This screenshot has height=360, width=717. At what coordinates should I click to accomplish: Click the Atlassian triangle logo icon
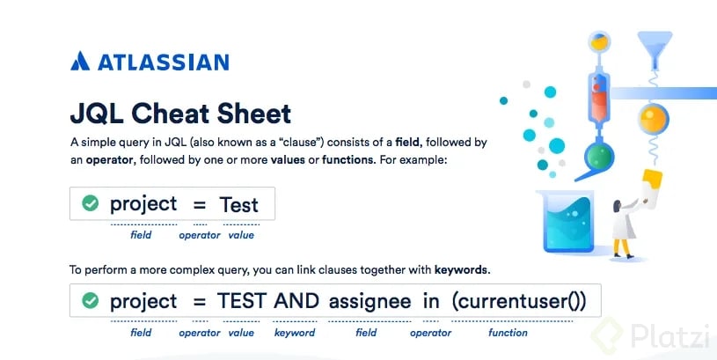click(x=80, y=61)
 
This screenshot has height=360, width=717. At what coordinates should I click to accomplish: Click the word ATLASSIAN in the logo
click(x=164, y=62)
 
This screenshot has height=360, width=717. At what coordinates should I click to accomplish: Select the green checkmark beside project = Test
click(x=90, y=203)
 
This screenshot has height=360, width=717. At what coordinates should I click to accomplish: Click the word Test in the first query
click(x=238, y=204)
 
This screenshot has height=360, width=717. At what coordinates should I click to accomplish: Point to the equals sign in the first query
click(x=200, y=205)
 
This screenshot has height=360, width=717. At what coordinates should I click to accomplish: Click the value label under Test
click(x=241, y=235)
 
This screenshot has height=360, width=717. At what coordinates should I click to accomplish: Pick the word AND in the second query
click(x=296, y=301)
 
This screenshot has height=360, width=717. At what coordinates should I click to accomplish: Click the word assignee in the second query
click(x=369, y=302)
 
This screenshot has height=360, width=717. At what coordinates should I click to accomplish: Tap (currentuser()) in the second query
click(x=518, y=301)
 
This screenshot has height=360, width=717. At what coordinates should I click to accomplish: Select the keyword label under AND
click(x=295, y=333)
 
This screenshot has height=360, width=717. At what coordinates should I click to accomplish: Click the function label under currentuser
click(x=508, y=333)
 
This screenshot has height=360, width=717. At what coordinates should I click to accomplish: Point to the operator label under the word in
click(x=430, y=333)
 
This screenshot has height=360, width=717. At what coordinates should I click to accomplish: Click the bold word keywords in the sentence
click(x=461, y=269)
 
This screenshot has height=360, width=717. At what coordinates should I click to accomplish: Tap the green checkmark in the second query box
click(x=90, y=300)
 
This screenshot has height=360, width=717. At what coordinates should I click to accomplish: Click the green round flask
click(x=598, y=157)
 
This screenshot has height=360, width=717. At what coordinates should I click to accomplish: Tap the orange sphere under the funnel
click(x=654, y=119)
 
